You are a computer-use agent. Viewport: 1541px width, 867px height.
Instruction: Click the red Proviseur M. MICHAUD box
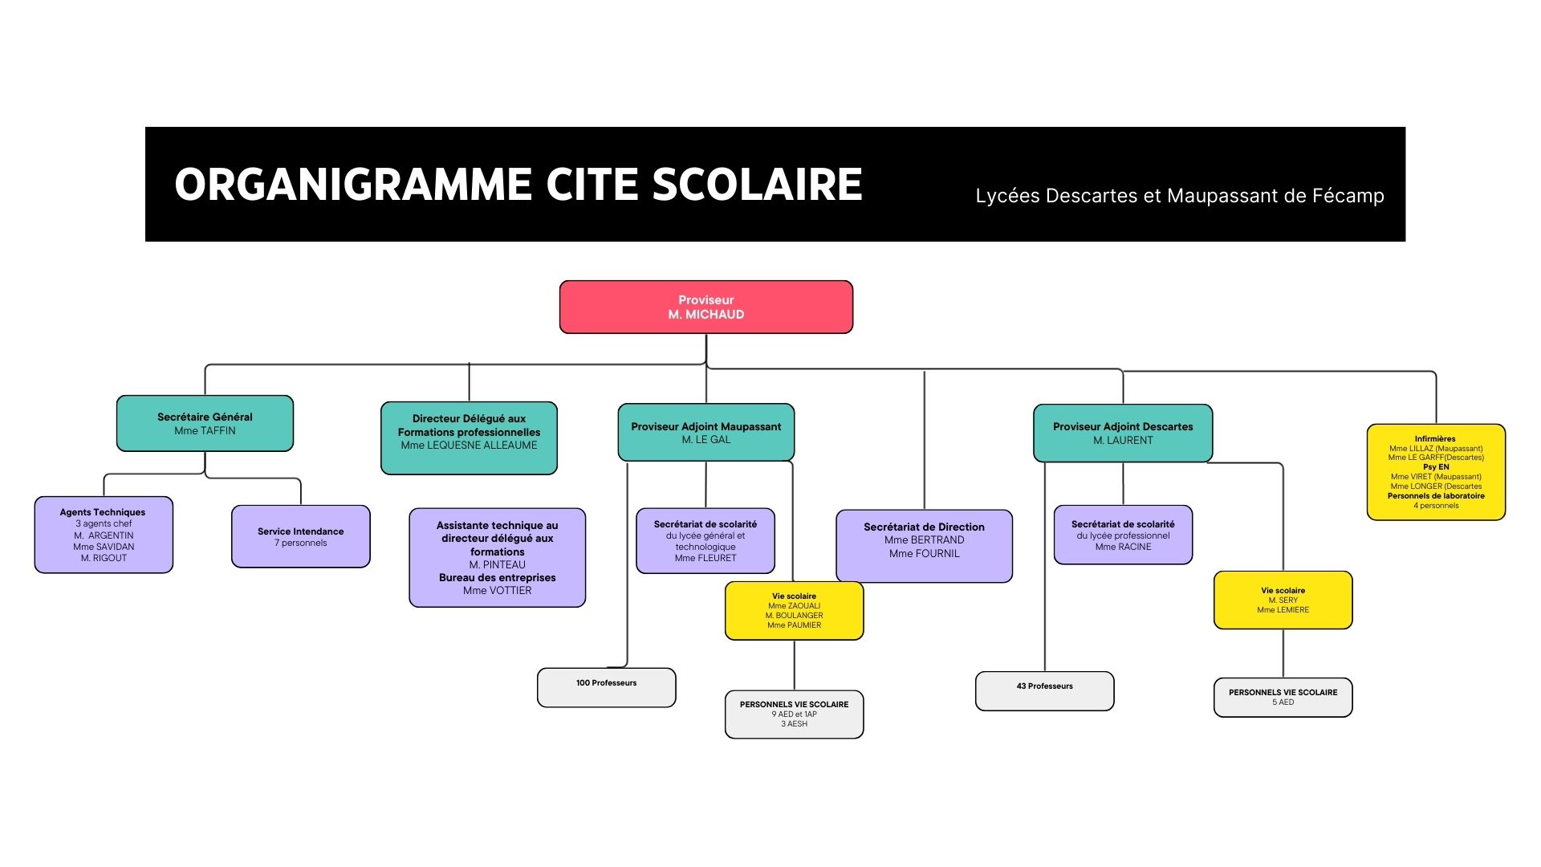705,307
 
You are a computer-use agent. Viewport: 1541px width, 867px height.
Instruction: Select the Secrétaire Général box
205,423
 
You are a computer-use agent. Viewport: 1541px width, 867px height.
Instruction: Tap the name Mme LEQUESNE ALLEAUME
469,446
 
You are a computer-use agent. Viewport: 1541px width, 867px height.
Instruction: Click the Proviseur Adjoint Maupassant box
705,432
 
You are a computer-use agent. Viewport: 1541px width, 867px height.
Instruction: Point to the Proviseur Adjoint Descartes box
1122,433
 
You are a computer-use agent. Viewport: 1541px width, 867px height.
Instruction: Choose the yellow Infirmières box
1435,472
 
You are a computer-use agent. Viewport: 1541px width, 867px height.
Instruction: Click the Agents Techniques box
104,535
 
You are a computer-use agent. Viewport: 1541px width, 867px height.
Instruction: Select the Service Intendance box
300,536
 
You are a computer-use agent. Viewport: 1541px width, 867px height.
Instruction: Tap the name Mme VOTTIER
497,591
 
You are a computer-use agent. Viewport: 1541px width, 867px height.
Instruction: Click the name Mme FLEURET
705,558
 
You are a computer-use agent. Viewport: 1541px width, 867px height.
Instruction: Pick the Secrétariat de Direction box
924,546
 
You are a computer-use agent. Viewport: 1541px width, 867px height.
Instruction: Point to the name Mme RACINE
1123,547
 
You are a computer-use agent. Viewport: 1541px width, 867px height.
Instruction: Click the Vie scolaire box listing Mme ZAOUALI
794,611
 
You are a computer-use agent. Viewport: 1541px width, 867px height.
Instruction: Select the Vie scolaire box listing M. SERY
1283,600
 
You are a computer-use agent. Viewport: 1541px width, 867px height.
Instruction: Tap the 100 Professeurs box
606,687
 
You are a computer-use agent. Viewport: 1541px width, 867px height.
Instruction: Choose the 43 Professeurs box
1044,690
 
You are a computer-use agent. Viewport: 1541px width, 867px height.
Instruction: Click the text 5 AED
1283,702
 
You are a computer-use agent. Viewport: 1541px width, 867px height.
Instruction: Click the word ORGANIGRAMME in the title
352,185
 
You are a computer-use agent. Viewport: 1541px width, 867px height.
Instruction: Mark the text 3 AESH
794,724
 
